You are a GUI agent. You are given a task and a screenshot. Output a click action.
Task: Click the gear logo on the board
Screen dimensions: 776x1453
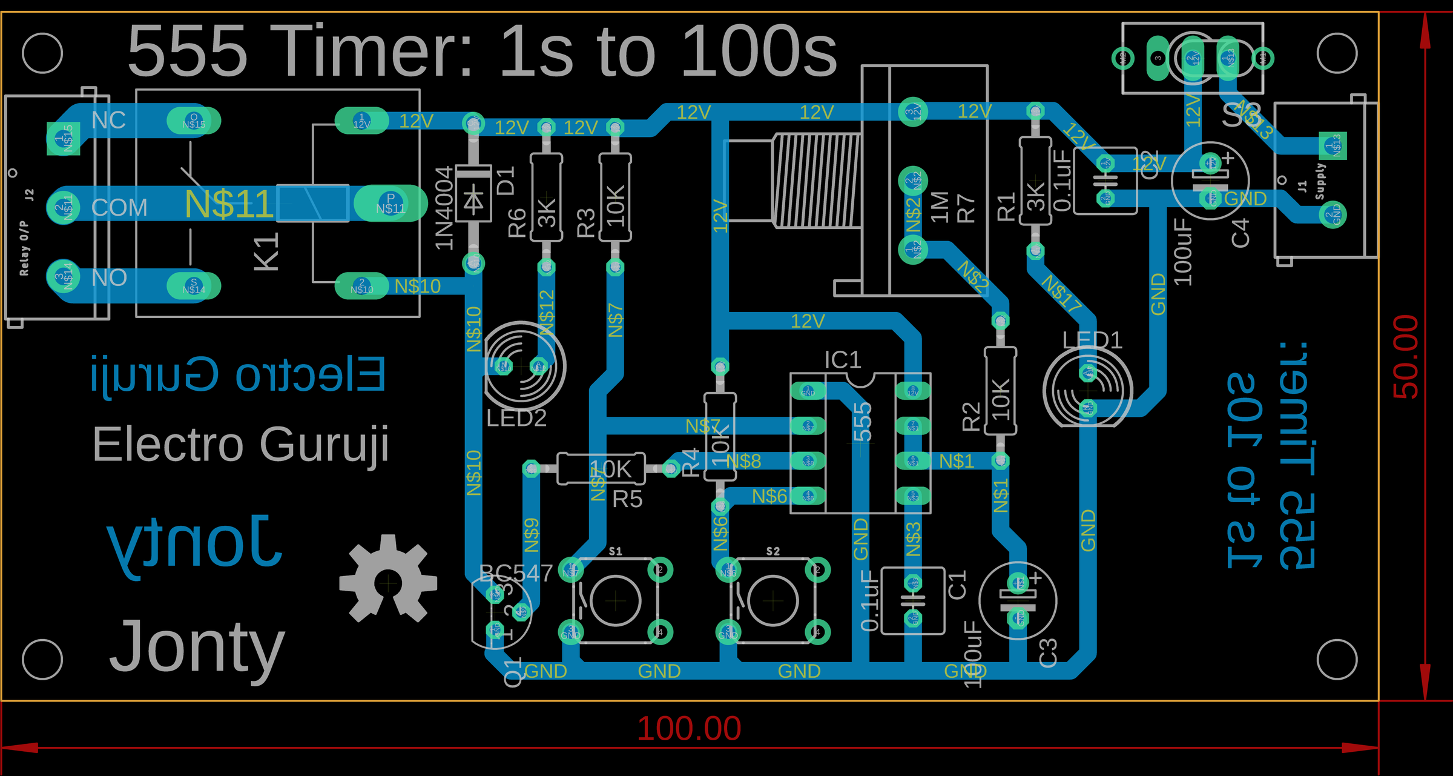388,580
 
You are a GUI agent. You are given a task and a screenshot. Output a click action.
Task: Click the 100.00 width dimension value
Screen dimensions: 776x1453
689,728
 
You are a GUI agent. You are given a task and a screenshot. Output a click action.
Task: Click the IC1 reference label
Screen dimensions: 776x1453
843,360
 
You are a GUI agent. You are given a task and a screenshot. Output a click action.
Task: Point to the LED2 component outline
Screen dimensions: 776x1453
524,366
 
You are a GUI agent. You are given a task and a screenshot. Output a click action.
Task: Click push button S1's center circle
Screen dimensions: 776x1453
615,601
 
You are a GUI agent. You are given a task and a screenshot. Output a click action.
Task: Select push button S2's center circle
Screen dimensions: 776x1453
773,601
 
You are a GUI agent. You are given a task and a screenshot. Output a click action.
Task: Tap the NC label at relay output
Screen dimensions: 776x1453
109,121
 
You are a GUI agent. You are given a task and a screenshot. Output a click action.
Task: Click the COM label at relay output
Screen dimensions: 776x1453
119,208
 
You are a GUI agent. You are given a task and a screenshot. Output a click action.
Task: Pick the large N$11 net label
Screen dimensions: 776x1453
228,204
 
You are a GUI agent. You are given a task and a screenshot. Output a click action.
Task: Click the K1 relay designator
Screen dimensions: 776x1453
266,251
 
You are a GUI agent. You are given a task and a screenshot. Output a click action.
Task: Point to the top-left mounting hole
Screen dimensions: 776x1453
42,53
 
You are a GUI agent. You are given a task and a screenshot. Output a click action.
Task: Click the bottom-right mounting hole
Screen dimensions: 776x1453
1337,659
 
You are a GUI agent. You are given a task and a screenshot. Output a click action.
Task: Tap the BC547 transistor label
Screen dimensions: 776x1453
516,572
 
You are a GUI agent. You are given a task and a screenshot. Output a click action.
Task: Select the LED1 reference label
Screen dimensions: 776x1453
1092,340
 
